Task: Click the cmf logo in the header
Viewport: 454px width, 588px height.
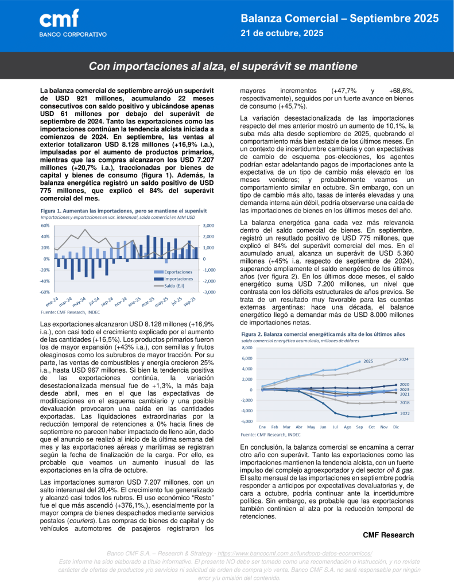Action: click(x=59, y=20)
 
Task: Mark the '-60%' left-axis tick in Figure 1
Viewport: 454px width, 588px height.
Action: click(x=45, y=292)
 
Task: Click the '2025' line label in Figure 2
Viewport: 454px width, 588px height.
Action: click(x=368, y=361)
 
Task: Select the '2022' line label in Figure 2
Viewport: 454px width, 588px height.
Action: click(x=404, y=414)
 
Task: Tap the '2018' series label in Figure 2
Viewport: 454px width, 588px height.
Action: click(x=404, y=403)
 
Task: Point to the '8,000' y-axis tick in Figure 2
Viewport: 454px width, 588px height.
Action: click(x=246, y=348)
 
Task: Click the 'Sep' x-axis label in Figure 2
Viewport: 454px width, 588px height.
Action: click(x=360, y=427)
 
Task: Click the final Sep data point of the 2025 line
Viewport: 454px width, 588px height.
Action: click(x=360, y=362)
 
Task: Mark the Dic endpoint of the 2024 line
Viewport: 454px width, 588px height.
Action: click(x=396, y=360)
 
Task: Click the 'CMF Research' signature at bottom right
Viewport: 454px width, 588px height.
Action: click(x=388, y=535)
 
